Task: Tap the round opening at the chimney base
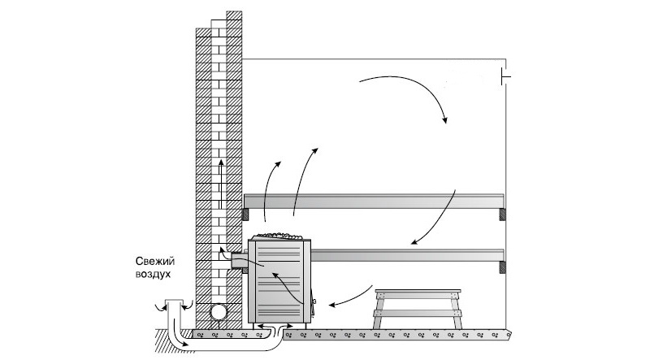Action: (219, 313)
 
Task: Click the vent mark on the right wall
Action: (505, 78)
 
